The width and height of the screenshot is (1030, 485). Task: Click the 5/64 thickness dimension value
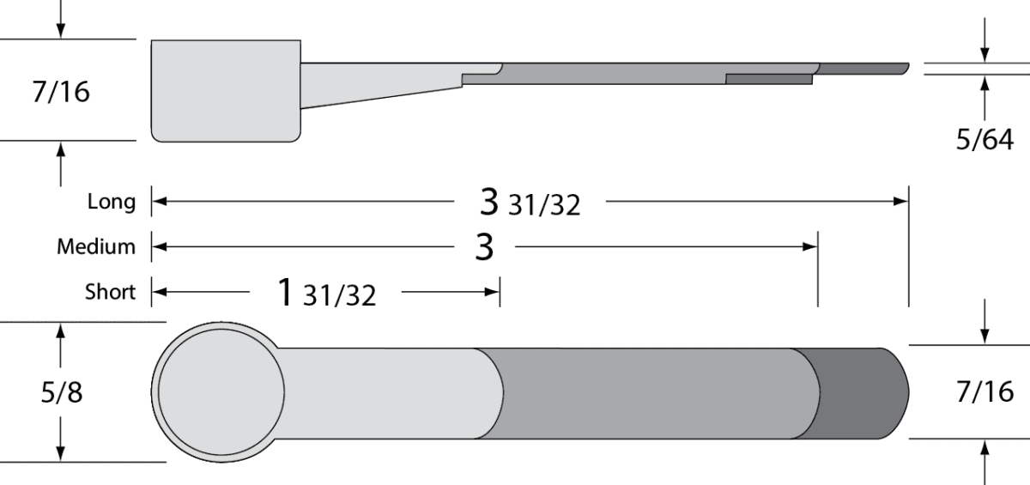coord(985,140)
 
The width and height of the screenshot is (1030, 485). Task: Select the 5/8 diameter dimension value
coord(62,392)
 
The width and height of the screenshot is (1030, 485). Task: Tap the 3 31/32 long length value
coord(530,203)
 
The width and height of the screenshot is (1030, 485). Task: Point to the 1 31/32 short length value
coord(327,293)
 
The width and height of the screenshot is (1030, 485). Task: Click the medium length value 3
coord(484,247)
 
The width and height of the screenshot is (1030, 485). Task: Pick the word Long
coord(112,202)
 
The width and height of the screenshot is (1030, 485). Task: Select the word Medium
coord(96,246)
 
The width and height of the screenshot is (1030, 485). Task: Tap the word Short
coord(111,292)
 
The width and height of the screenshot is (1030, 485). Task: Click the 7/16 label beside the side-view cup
coord(61,92)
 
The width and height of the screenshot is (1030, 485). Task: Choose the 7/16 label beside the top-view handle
coord(985,392)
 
